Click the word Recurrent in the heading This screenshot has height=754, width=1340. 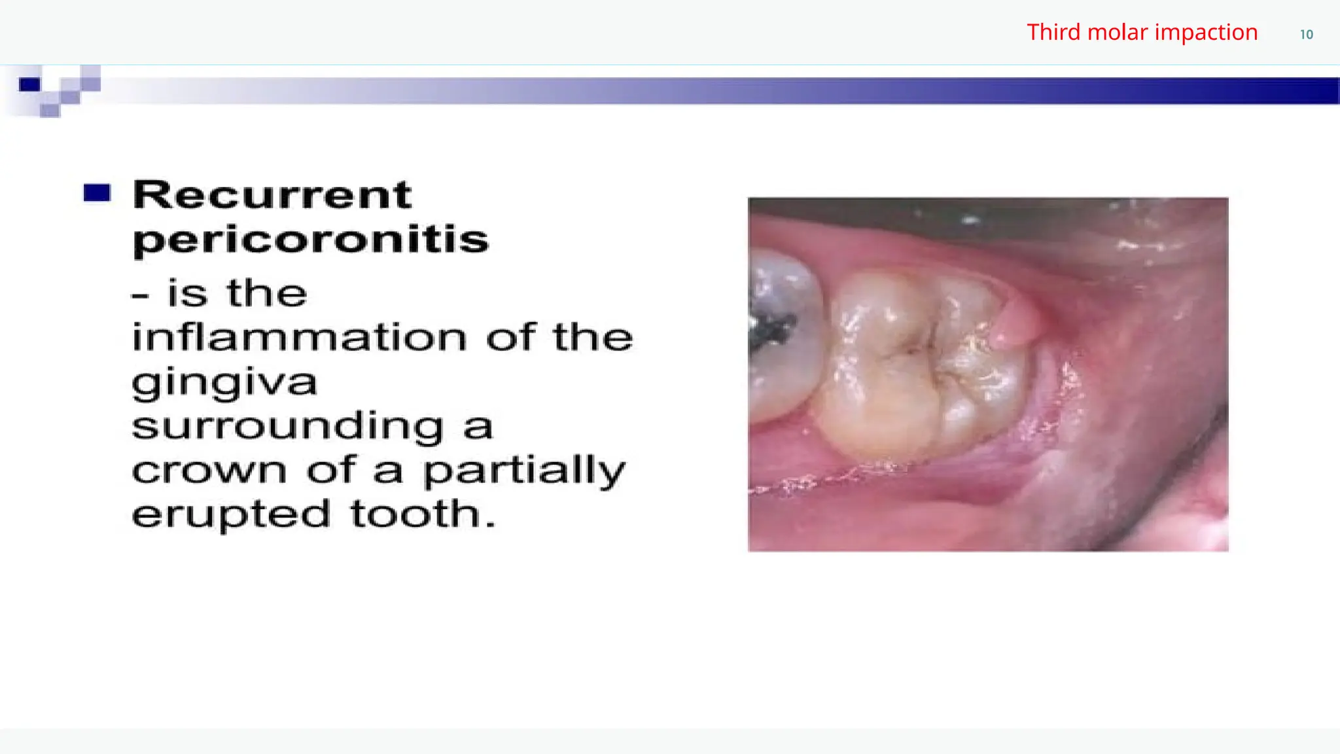pos(272,195)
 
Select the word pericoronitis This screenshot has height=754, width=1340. pos(311,240)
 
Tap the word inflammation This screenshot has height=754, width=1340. pos(300,337)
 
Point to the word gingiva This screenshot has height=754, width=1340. pos(224,382)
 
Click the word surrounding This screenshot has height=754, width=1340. pos(288,426)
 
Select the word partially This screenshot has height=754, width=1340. pos(524,471)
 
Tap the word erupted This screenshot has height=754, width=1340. pos(231,514)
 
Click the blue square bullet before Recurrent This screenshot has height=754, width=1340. pos(97,193)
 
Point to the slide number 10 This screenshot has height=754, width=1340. pos(1306,35)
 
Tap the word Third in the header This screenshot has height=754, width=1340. pos(1053,32)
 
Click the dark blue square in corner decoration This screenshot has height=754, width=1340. pos(29,84)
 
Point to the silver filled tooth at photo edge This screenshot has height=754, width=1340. pos(782,334)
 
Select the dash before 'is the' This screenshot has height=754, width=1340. pos(140,296)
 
